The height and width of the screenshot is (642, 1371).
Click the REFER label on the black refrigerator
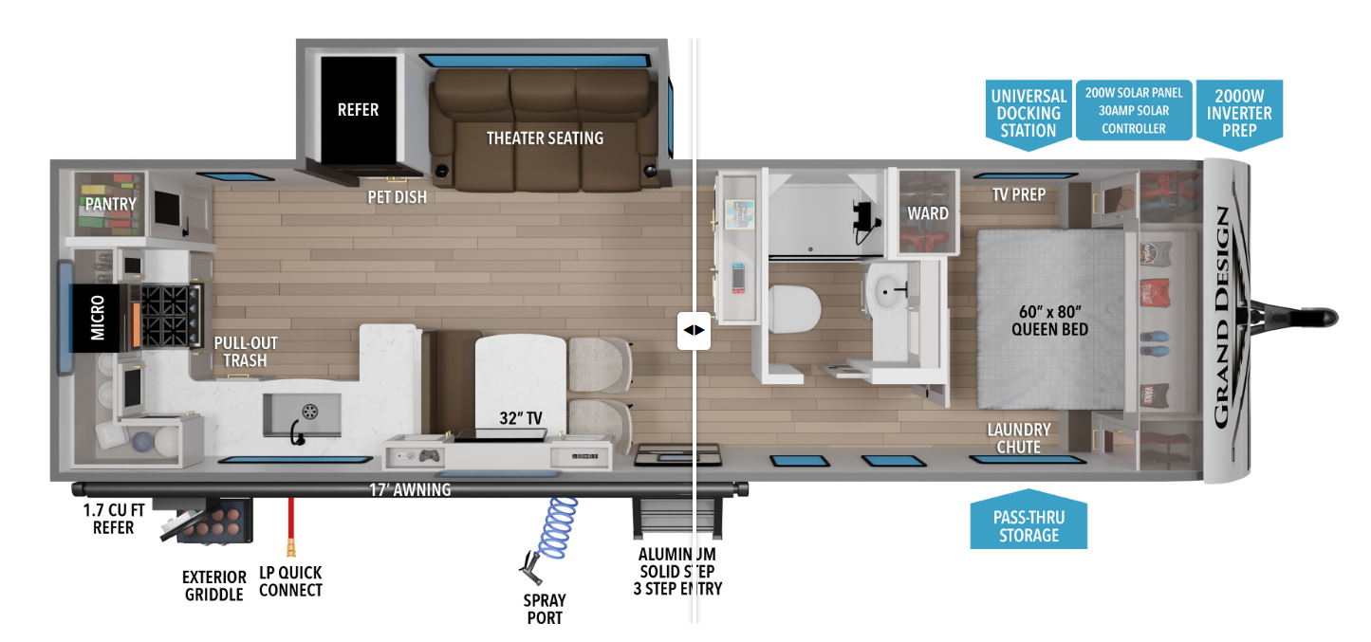tap(358, 110)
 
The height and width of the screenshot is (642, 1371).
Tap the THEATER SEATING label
tap(545, 138)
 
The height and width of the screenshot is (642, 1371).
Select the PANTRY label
tap(110, 204)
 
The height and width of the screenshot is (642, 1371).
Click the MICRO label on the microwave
tap(98, 319)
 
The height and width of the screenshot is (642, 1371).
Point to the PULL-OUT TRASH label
tap(245, 352)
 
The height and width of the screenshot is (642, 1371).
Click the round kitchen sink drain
tap(309, 410)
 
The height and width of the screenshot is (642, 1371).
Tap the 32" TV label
tap(520, 417)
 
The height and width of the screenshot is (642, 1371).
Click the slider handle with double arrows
tap(694, 331)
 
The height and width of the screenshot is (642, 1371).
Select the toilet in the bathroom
tap(795, 309)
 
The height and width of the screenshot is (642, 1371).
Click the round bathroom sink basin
tap(890, 291)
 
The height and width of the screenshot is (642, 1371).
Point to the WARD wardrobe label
tap(927, 213)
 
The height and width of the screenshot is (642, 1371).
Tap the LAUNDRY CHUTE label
tap(1018, 438)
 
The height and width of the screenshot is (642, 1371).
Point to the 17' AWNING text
tap(410, 490)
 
